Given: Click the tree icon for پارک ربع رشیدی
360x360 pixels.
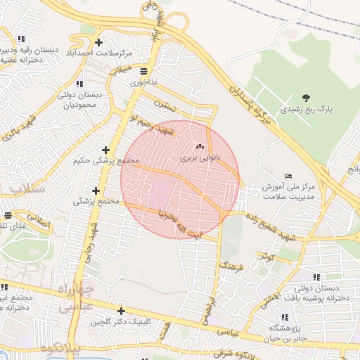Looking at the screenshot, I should coord(305,98).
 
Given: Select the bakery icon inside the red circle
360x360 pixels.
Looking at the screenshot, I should coord(200,147).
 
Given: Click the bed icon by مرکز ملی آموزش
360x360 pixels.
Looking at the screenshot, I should coord(288,176).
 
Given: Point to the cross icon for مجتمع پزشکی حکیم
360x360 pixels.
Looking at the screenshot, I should coord(105,150).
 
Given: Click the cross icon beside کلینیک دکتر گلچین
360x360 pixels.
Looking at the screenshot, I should coord(121,311).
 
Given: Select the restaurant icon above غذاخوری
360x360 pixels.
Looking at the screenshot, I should coord(144,71).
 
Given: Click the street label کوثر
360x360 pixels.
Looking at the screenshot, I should coord(266,257).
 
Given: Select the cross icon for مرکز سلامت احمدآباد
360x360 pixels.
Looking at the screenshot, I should coord(98,43).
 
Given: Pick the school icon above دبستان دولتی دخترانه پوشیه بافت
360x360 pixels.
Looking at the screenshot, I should coord(316,277).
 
